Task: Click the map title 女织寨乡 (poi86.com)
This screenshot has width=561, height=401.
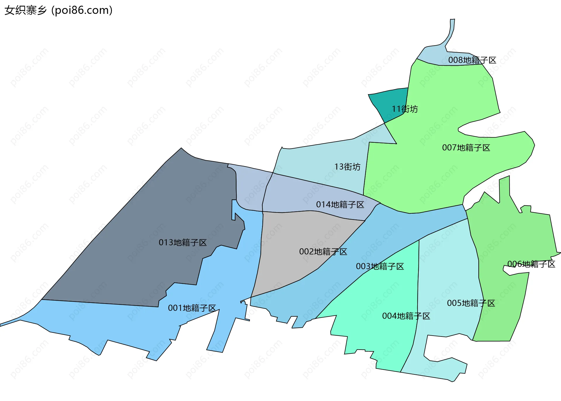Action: (58, 10)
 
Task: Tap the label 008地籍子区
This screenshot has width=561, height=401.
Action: (472, 60)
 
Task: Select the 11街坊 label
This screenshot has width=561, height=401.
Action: (405, 109)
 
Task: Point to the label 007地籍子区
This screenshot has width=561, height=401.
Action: (466, 148)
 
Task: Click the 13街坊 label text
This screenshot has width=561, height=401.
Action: (347, 167)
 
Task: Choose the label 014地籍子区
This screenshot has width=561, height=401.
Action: (340, 205)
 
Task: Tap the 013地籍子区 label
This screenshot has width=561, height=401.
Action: (183, 243)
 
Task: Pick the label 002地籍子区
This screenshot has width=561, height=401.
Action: (323, 252)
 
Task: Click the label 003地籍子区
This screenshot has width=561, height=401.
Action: (380, 266)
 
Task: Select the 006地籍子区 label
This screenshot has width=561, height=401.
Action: (531, 264)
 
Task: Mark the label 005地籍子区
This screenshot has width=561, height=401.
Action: (471, 303)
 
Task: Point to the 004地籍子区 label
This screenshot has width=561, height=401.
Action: (406, 316)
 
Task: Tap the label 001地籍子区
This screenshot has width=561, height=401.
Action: (192, 308)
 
